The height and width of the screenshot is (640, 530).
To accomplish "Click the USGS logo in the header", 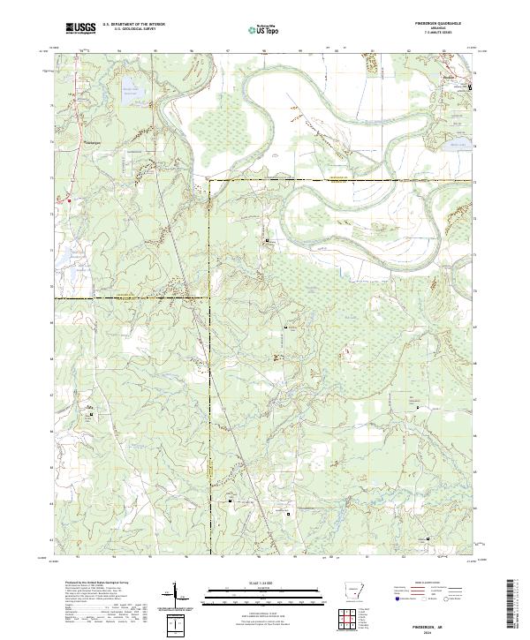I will [x=80, y=29].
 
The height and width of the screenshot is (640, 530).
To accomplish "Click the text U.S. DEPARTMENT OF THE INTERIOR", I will [x=133, y=26].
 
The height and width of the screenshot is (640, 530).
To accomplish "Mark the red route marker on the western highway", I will [x=57, y=200].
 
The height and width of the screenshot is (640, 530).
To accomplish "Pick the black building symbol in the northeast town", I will [x=470, y=87].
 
